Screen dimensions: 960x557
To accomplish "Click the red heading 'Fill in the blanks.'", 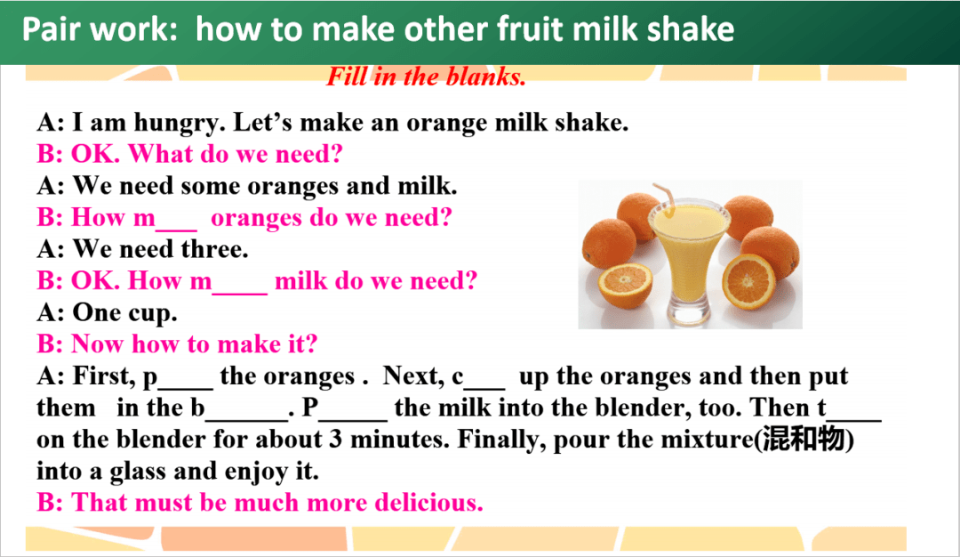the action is [x=426, y=77].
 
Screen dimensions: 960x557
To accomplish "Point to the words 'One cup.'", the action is [x=125, y=313].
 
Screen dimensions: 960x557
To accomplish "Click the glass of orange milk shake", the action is [x=689, y=261].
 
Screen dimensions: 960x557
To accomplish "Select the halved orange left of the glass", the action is [x=625, y=286].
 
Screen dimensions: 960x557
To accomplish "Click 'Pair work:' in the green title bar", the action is [x=100, y=29].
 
